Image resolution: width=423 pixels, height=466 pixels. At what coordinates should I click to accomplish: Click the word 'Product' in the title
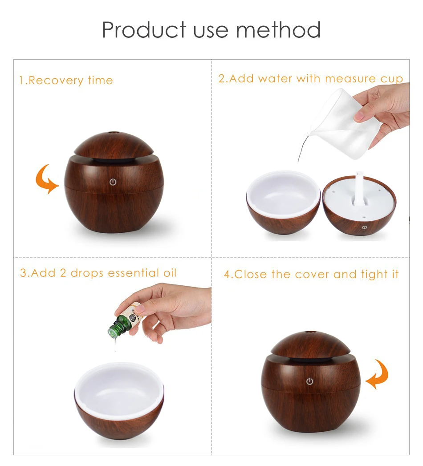[144, 30]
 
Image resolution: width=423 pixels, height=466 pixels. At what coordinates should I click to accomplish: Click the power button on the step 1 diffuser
[113, 182]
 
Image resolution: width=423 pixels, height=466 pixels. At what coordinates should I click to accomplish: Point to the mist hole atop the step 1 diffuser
[113, 133]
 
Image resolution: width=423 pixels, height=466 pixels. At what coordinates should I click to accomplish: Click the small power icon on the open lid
[365, 227]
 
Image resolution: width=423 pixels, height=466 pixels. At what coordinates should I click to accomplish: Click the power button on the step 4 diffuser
[309, 381]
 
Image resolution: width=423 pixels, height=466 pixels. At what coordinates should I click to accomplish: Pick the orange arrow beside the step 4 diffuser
[377, 374]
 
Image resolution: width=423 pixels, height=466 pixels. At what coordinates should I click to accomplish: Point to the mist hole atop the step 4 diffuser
[310, 332]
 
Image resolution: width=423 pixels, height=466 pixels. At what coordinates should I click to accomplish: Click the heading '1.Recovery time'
[66, 81]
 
